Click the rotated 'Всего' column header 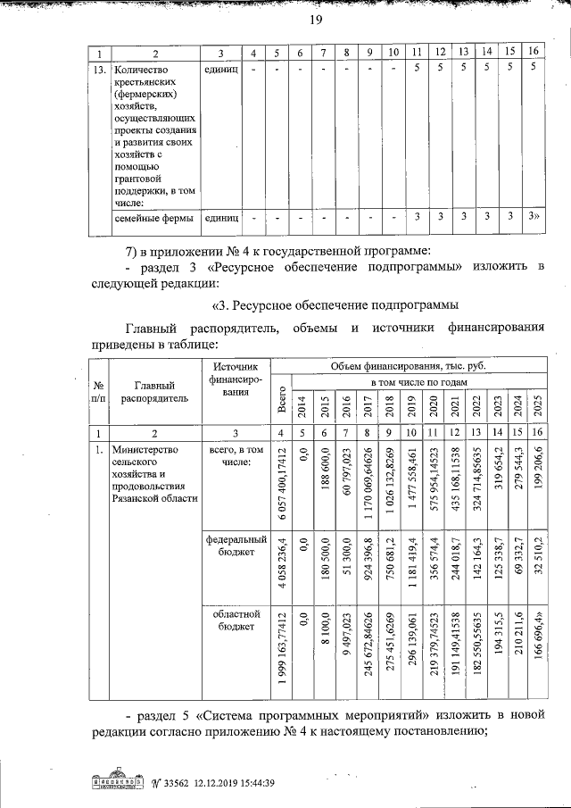(x=282, y=400)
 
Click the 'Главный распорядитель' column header (x=155, y=392)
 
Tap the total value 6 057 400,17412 (x=282, y=483)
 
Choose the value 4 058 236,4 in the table (x=282, y=567)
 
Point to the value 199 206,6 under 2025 (x=535, y=483)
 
